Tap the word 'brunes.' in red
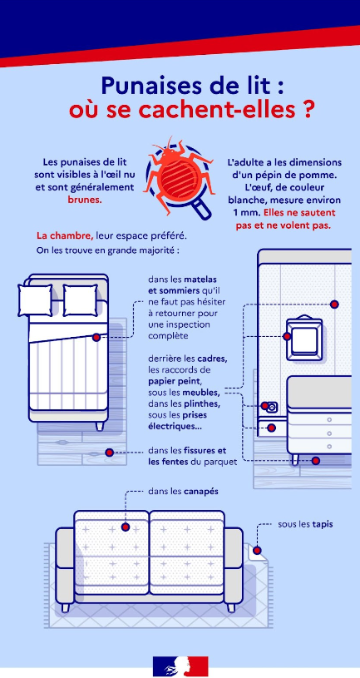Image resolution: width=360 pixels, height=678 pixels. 84,200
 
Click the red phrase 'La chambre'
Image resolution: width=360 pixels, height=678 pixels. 64,235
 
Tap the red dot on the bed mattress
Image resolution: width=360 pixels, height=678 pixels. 97,338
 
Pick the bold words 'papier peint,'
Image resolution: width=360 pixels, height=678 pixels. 173,381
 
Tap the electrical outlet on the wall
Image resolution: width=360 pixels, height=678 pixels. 271,408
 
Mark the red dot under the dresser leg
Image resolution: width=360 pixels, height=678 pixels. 316,460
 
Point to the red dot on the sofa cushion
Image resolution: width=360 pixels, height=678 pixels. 126,527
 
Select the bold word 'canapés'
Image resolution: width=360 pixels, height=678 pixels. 201,491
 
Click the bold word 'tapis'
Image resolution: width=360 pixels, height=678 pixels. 317,524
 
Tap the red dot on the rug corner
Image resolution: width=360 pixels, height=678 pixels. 258,550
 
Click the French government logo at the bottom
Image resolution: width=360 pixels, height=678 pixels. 180,666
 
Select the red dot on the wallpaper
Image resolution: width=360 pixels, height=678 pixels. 334,304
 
